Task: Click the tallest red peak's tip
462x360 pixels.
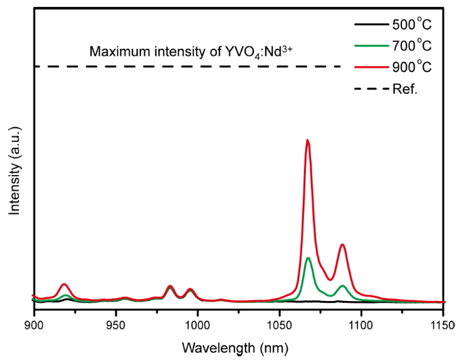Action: tap(308, 140)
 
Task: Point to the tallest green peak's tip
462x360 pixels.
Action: tap(308, 258)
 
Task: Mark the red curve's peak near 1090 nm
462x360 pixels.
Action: tap(342, 245)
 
